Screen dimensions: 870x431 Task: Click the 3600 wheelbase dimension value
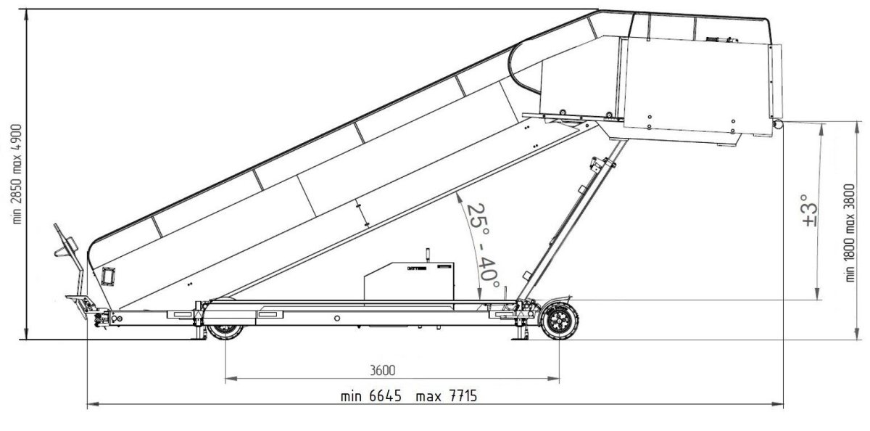point(382,370)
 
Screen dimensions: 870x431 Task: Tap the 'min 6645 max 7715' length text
point(409,396)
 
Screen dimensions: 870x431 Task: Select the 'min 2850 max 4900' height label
point(17,174)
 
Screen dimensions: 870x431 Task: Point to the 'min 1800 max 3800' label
point(850,233)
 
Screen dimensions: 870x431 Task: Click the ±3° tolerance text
point(809,210)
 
